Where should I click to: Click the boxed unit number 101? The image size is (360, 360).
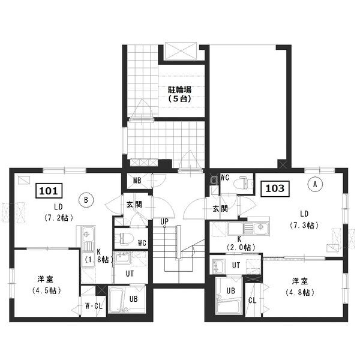[x=49, y=191]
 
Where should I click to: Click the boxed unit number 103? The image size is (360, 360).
[x=275, y=189]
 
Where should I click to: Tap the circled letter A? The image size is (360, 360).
[x=315, y=184]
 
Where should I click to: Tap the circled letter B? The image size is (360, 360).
[x=86, y=200]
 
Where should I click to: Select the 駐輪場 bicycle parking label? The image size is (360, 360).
[x=179, y=89]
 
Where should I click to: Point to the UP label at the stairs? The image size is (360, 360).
[x=164, y=221]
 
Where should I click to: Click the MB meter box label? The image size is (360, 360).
[x=137, y=181]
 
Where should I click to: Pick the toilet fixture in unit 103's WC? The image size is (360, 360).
[x=243, y=183]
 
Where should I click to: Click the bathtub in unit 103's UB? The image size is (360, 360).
[x=228, y=303]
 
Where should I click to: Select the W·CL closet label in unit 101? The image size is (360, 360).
[x=94, y=306]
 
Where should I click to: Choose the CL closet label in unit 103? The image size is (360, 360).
[x=253, y=301]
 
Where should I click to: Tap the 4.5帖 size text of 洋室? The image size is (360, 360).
[x=47, y=290]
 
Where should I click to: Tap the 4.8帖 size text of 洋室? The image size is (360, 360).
[x=300, y=293]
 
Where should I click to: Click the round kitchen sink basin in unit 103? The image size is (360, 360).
[x=260, y=227]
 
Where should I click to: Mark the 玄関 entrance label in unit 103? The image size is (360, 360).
[x=220, y=209]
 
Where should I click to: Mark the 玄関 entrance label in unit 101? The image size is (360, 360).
[x=134, y=205]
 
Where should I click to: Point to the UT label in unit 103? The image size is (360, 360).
[x=236, y=265]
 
